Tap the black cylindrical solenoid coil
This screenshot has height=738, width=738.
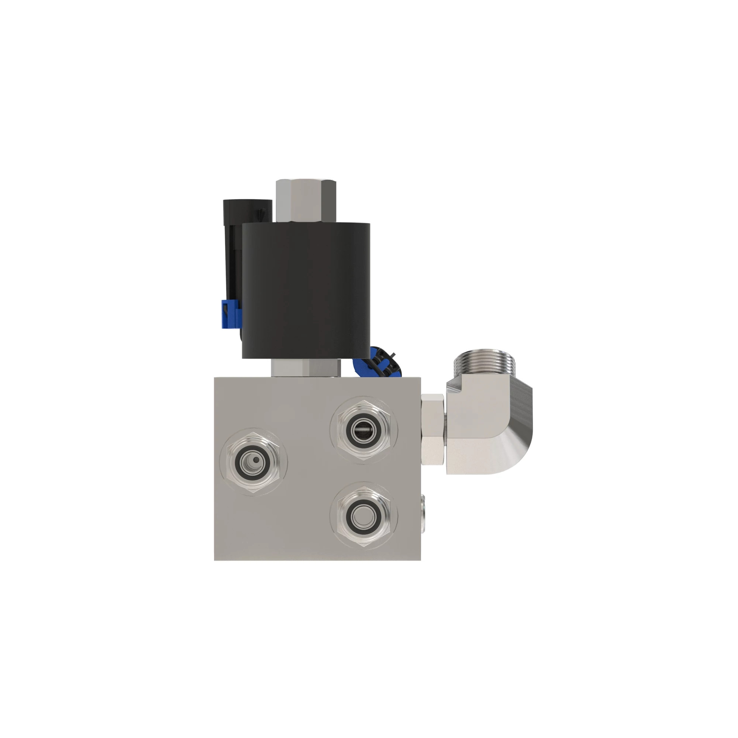[306, 290]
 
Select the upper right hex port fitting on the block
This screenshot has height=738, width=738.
[364, 431]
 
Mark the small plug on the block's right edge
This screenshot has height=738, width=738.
[423, 508]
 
